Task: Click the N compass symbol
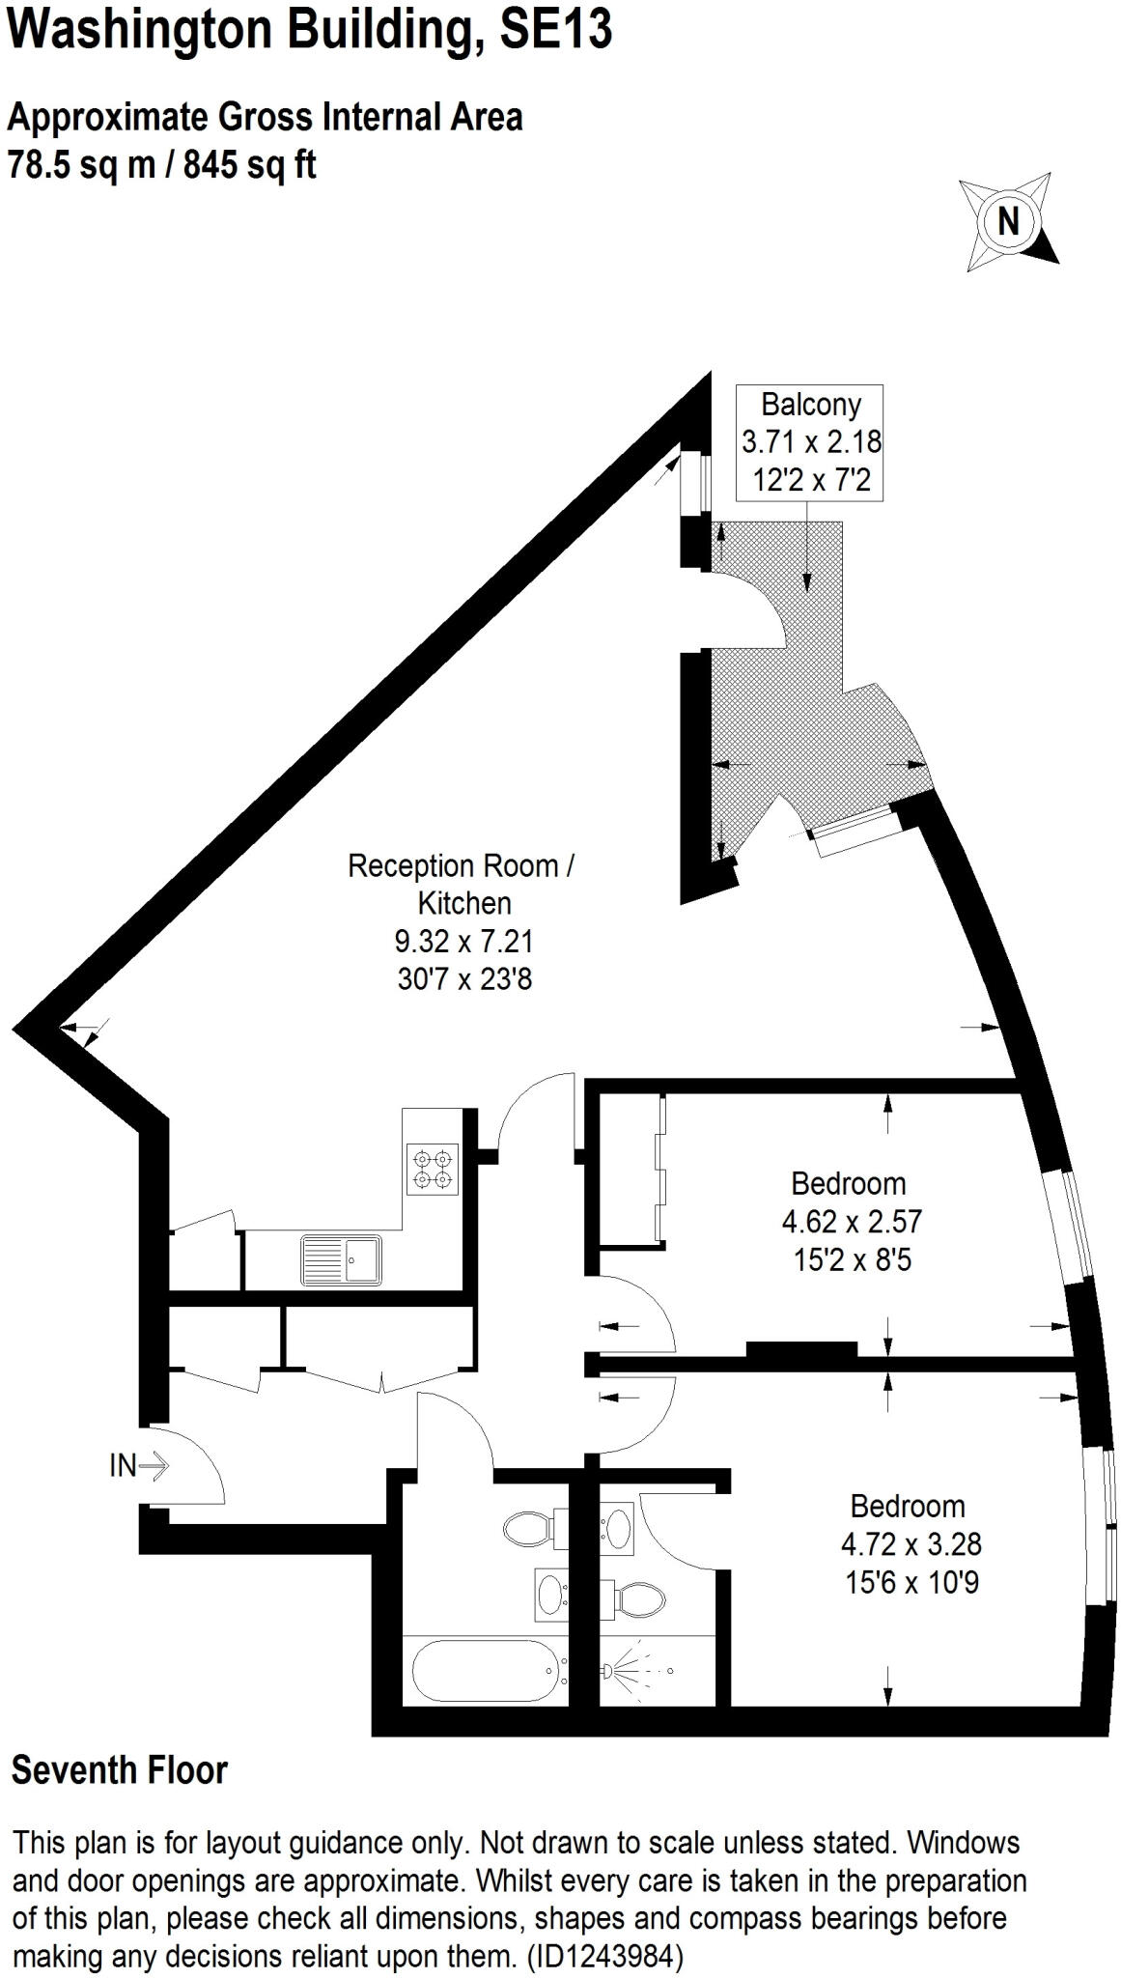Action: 1009,222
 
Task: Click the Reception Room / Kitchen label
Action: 462,884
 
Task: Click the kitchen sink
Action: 342,1261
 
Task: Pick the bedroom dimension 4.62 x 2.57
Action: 852,1222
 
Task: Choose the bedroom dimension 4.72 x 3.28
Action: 911,1544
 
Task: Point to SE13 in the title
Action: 556,29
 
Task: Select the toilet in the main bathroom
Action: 531,1529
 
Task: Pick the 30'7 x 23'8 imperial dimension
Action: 464,979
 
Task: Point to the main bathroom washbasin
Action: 552,1595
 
